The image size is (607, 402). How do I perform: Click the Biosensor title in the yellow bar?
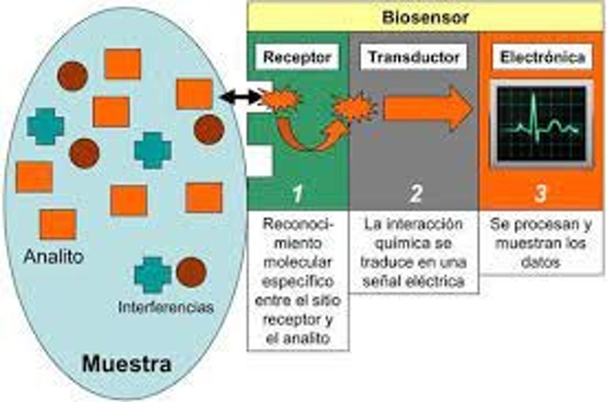(425, 17)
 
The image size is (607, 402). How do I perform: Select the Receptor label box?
(297, 57)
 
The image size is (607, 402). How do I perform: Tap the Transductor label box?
(414, 57)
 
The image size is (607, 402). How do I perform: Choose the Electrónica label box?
(542, 57)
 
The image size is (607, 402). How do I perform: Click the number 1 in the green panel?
(298, 194)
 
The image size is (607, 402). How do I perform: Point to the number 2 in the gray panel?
(415, 193)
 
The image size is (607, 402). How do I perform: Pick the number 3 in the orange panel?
(540, 193)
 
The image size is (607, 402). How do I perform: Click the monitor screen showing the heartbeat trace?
(541, 124)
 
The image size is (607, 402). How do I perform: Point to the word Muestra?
(127, 364)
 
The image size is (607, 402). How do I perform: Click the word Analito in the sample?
(53, 256)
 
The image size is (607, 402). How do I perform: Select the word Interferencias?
(166, 307)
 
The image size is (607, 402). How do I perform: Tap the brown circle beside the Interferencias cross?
(191, 272)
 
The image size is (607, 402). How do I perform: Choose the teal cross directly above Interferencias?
(153, 275)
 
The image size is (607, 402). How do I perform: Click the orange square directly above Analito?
(58, 225)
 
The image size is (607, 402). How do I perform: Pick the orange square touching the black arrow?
(195, 94)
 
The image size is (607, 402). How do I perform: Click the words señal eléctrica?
(414, 282)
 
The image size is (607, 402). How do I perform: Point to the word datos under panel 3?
(541, 263)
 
